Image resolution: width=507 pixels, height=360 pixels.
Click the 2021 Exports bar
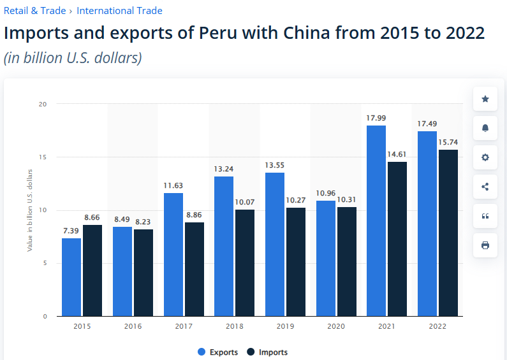[376, 220]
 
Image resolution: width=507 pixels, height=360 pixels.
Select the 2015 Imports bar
[92, 270]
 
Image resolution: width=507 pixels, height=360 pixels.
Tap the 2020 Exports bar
[326, 258]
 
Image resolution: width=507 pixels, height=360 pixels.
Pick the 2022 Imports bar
[448, 233]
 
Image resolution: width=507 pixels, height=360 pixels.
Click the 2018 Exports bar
[223, 246]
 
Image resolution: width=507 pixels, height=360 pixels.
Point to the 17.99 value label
[376, 118]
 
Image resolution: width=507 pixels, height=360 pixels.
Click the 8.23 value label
[143, 222]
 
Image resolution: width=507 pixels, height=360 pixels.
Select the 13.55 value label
[275, 165]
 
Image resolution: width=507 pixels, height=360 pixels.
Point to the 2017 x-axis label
[184, 326]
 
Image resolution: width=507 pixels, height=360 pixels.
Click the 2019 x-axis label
[285, 326]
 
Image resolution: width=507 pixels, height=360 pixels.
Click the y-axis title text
[29, 210]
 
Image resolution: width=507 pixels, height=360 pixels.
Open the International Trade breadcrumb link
[119, 10]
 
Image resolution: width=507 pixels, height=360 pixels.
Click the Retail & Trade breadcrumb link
[35, 10]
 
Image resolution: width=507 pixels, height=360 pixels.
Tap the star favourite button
[485, 99]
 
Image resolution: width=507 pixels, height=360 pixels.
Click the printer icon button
[485, 245]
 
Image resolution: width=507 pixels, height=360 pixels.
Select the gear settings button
[485, 157]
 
